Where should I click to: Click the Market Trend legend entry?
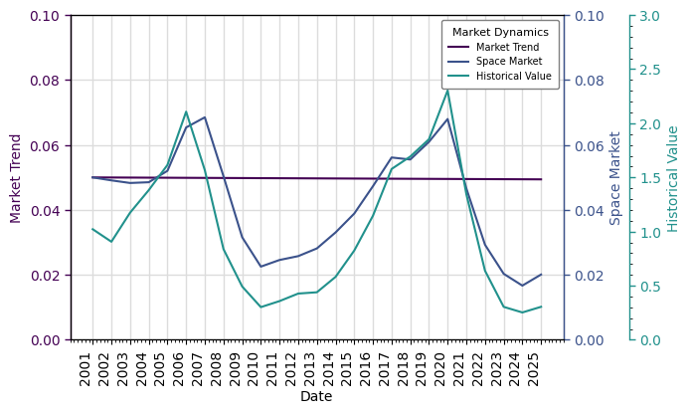507,47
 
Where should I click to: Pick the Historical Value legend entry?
514,75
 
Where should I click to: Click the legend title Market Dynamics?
500,32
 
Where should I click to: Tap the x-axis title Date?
316,397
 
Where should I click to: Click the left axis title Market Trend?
16,178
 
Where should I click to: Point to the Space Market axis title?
616,178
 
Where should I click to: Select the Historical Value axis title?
673,178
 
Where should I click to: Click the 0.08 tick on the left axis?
44,81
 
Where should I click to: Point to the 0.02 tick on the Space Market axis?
588,276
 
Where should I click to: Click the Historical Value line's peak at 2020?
447,91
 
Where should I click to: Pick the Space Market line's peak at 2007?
205,117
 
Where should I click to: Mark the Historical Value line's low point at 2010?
260,307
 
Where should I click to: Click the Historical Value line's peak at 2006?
186,111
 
